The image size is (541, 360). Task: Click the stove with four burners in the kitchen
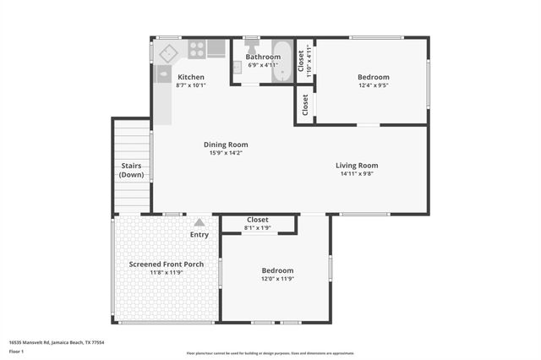tap(196, 49)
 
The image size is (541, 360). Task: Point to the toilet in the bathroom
tap(251, 48)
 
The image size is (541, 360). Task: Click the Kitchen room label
tap(190, 77)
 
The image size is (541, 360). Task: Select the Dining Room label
tap(228, 145)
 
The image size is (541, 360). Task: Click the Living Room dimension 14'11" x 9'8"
tap(357, 174)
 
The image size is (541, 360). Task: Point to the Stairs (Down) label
tap(132, 170)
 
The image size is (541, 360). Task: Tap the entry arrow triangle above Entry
tap(199, 223)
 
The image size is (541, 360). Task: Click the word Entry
tap(199, 234)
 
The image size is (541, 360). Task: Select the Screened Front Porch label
tap(167, 265)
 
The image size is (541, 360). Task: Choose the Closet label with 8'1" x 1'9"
tap(258, 223)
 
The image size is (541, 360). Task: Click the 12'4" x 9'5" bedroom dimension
tap(374, 85)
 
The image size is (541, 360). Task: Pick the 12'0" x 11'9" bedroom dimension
tap(277, 279)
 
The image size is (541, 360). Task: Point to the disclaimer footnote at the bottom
tap(270, 352)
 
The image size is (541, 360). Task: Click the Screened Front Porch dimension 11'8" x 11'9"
tap(167, 273)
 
